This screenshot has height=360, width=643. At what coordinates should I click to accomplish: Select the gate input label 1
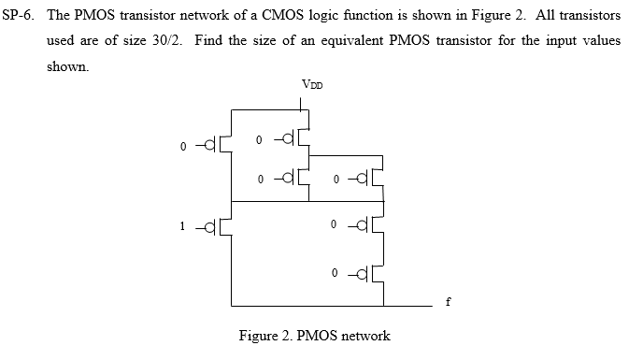click(x=184, y=224)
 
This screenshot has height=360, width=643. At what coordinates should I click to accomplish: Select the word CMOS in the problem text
click(x=257, y=16)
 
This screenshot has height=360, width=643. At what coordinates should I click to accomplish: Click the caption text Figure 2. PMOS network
click(x=315, y=336)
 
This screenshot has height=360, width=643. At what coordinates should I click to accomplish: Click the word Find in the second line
click(x=212, y=43)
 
